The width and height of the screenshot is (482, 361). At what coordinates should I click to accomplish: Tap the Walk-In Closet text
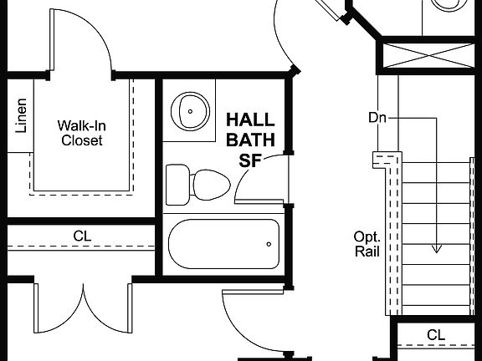pos(81,133)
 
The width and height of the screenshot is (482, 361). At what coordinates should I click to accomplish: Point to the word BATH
pos(250,141)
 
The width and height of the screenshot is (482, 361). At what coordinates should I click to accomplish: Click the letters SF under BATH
pos(250,161)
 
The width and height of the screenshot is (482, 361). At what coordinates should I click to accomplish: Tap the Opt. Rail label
pos(368,243)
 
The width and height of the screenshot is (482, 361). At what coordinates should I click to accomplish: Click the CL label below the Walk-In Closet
pos(81,236)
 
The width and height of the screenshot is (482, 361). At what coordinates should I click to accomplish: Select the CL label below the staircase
pos(435,335)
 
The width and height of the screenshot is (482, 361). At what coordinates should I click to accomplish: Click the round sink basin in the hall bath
pos(191,109)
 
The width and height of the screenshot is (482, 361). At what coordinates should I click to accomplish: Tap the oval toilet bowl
pos(209,184)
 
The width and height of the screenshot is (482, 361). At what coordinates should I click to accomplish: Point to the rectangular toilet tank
pos(177,183)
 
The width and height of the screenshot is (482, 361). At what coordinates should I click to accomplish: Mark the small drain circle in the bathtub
pos(269,244)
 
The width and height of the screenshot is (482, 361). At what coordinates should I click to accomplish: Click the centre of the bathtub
pos(223,244)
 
